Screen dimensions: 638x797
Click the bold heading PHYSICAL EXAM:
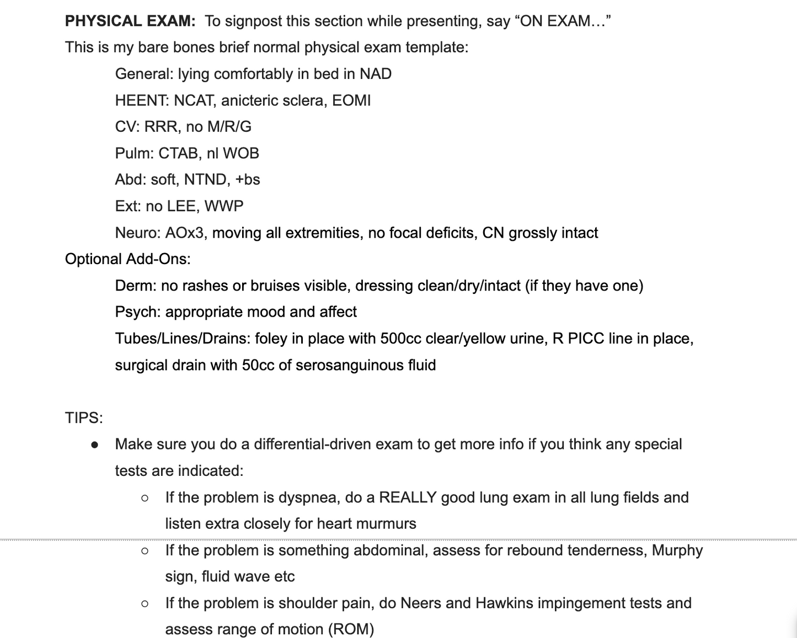pyautogui.click(x=130, y=21)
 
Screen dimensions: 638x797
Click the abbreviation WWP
pyautogui.click(x=223, y=206)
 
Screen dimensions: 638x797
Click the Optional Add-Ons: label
pyautogui.click(x=128, y=259)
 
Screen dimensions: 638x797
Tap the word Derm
pyautogui.click(x=135, y=286)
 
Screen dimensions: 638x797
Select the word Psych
pyautogui.click(x=138, y=312)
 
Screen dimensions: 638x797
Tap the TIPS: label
pyautogui.click(x=84, y=418)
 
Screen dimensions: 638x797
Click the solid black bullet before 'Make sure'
pyautogui.click(x=95, y=444)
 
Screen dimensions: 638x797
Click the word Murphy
pyautogui.click(x=677, y=550)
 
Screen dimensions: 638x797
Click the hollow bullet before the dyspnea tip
pyautogui.click(x=145, y=498)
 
